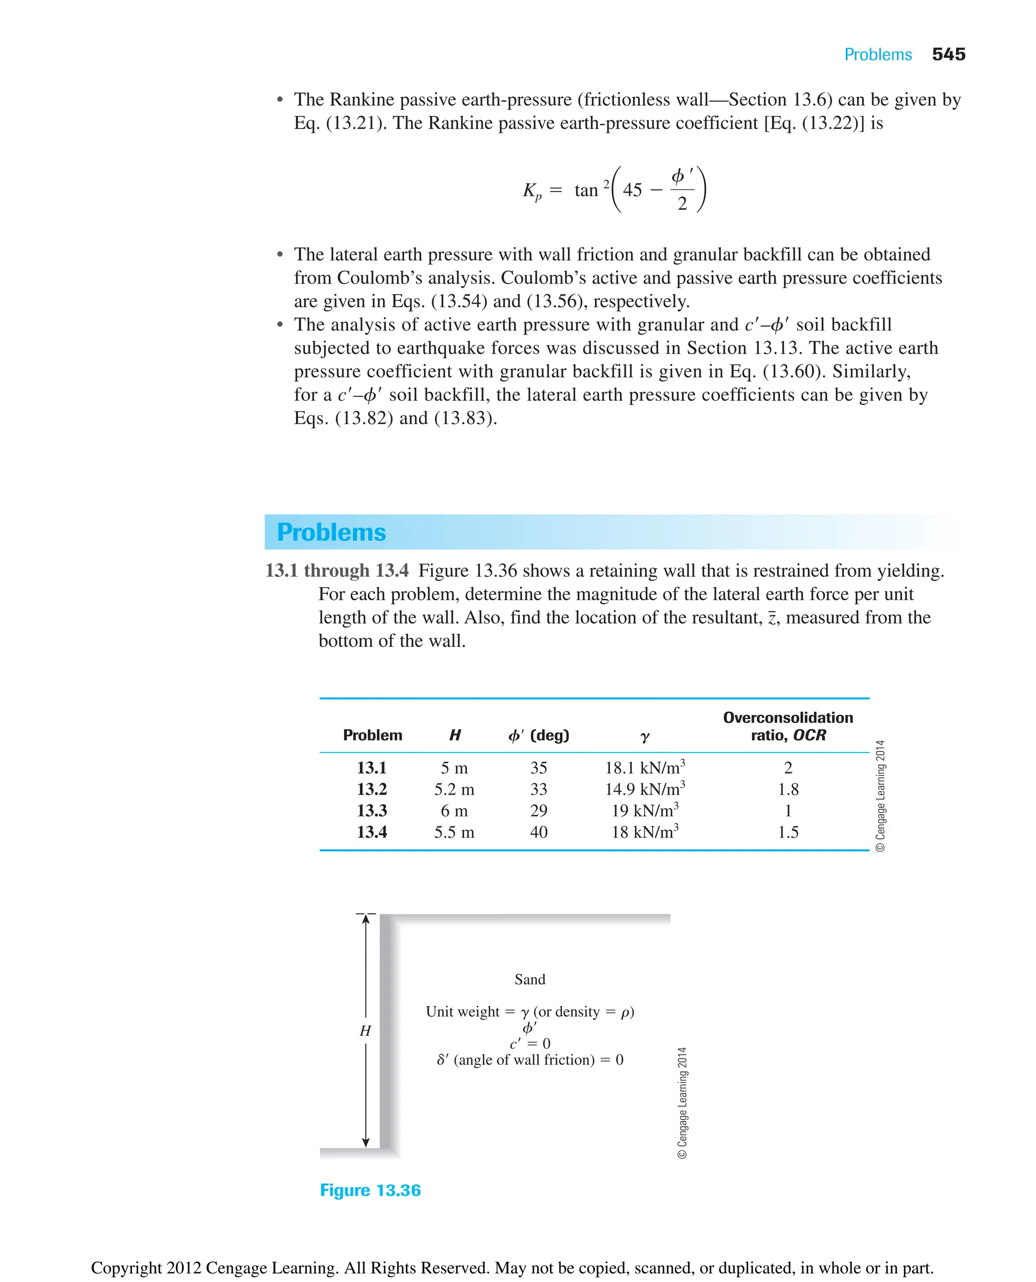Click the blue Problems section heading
(331, 532)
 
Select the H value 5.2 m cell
(454, 790)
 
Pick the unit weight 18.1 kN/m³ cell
(644, 767)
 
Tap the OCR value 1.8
(788, 790)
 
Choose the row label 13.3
(371, 811)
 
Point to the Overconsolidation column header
(788, 718)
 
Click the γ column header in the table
(644, 737)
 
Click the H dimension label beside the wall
(365, 1030)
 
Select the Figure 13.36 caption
(370, 1190)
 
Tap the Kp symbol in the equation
(532, 191)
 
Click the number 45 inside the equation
(632, 190)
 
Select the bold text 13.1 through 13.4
(336, 570)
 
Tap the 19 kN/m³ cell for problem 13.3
(644, 811)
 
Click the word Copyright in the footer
(126, 1268)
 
